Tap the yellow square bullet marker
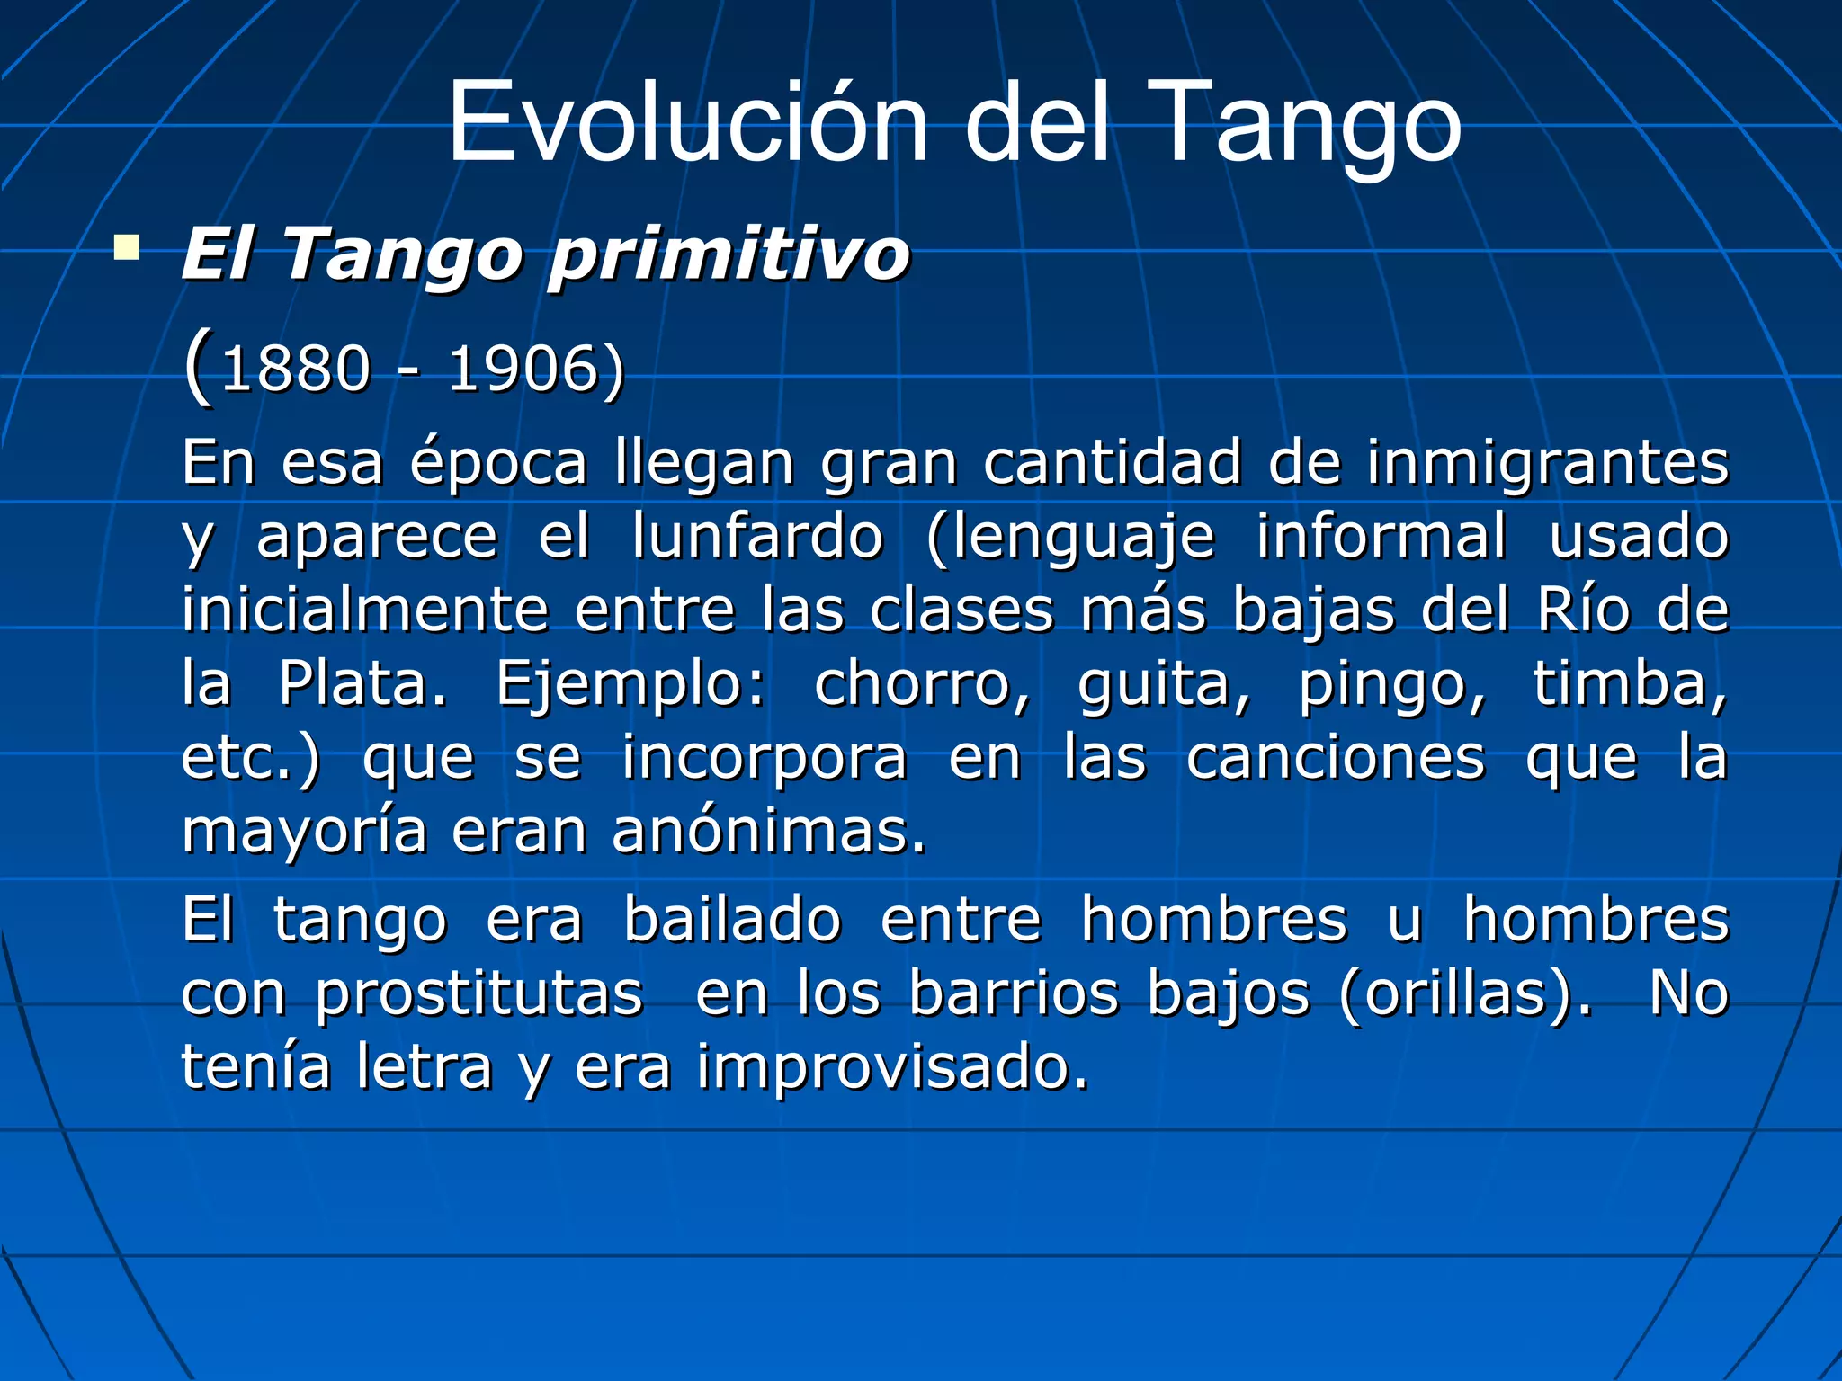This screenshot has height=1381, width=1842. pos(127,248)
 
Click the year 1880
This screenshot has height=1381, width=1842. pos(295,370)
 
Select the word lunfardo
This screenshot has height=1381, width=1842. pos(757,537)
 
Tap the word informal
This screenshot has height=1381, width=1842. pos(1381,537)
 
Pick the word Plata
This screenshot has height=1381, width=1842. pos(362,684)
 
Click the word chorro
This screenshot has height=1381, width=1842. pos(921,684)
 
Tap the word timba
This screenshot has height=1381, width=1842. pos(1629,684)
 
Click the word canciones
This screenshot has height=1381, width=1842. pos(1335,758)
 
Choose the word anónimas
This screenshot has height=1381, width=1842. pos(768,832)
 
